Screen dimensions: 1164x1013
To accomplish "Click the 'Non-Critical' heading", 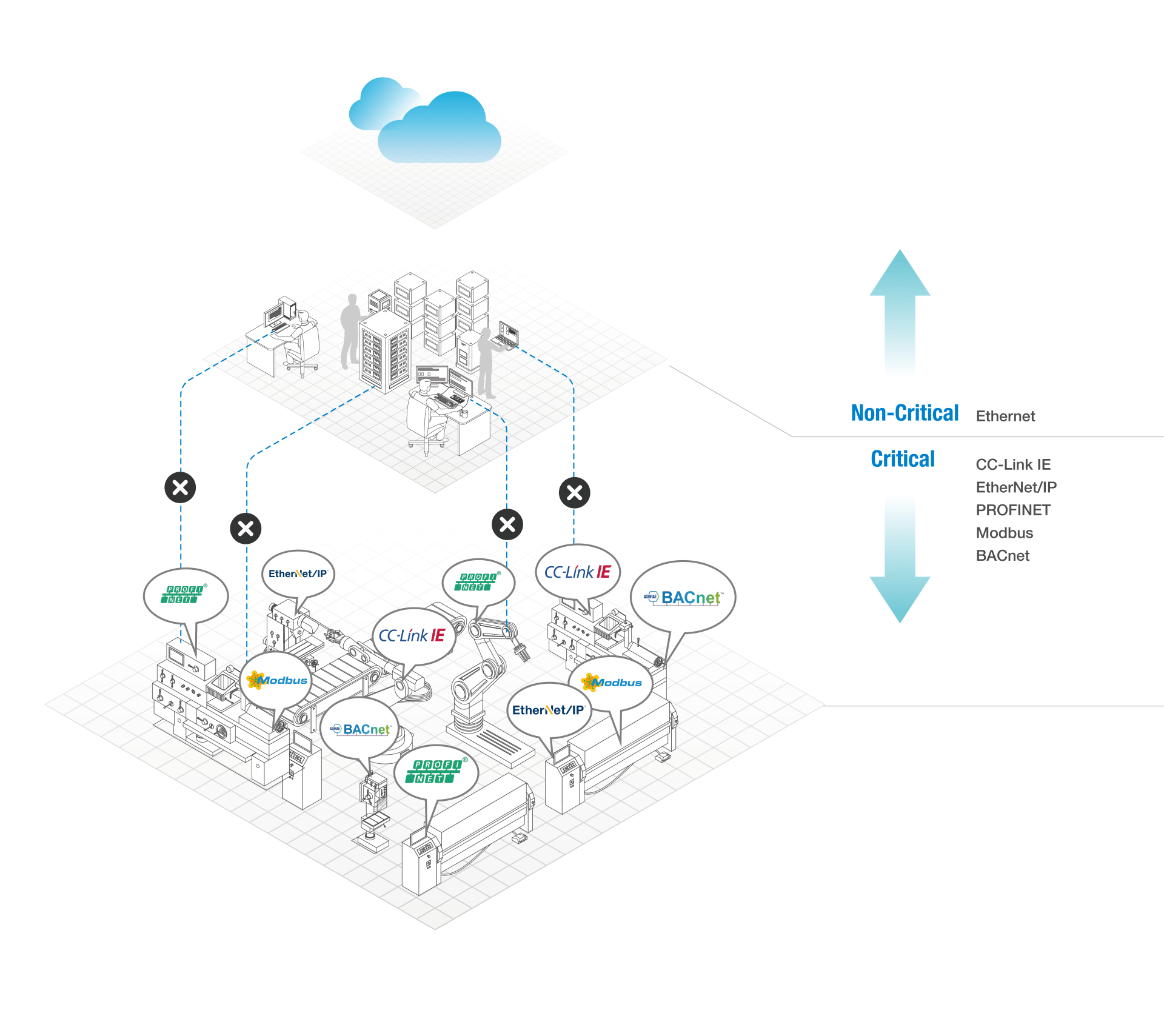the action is coord(905,413).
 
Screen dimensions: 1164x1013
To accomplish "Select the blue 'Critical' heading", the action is coord(903,460).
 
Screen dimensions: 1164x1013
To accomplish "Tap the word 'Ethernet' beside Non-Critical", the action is coord(1005,416).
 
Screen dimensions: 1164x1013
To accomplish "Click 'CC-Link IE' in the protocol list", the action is coord(1013,465).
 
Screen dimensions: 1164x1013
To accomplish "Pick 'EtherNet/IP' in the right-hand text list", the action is coord(1016,487).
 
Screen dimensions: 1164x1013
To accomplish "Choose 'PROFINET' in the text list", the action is coord(1013,510).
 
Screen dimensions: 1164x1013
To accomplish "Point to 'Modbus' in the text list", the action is coord(1005,533).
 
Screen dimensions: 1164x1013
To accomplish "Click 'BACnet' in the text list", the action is coord(1003,556).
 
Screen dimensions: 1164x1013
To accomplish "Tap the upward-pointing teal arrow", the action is coord(900,312).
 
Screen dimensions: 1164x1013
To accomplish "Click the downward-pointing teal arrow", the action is coord(900,561).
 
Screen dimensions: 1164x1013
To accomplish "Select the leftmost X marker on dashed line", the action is coord(180,487).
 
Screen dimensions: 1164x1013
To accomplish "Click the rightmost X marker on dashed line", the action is coord(574,493).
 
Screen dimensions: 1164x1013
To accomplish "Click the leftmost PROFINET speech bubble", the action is coord(186,595).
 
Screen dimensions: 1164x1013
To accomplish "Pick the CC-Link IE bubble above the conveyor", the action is coord(413,636).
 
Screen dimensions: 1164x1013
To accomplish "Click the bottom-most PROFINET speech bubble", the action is coord(436,772).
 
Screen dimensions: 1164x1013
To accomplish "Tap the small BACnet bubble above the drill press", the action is coord(362,729).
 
